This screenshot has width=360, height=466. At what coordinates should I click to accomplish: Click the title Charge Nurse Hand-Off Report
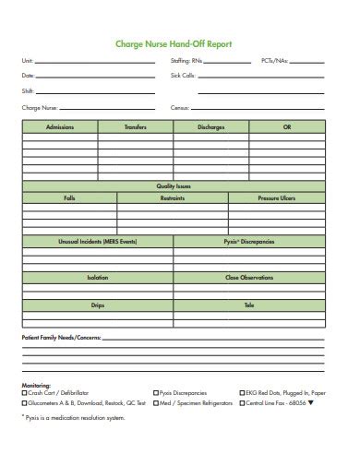(x=173, y=42)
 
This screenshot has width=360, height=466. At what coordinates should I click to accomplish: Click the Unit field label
(x=27, y=61)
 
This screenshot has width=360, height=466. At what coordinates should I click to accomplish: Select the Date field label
(x=28, y=76)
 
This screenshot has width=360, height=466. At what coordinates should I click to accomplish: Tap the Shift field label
(x=27, y=91)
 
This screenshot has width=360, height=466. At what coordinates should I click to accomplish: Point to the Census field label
(x=179, y=107)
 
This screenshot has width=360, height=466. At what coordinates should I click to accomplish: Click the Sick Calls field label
(x=183, y=76)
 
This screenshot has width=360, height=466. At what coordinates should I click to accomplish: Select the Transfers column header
(x=136, y=126)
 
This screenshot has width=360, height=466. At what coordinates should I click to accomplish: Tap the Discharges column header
(x=210, y=126)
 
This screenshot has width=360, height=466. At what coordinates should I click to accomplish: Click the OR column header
(x=287, y=126)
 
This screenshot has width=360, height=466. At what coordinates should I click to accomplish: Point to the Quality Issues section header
(x=174, y=185)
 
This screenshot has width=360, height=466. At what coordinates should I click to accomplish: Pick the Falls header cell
(x=69, y=197)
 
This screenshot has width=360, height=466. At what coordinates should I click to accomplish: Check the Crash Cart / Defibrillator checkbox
(x=25, y=392)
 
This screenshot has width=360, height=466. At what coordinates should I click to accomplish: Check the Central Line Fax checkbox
(x=237, y=402)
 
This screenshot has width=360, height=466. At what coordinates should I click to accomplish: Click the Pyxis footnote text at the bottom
(x=77, y=417)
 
